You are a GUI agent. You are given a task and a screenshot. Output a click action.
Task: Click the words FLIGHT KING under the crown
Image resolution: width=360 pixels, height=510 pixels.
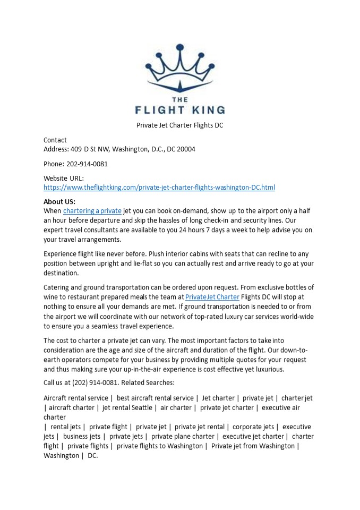(179, 110)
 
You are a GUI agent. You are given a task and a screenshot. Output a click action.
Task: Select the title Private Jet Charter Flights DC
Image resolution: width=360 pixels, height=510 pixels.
(179, 125)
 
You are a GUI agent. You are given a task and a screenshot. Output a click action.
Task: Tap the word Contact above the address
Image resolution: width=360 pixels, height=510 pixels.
(55, 140)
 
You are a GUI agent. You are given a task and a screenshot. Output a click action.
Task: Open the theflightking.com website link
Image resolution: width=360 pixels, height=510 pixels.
(159, 188)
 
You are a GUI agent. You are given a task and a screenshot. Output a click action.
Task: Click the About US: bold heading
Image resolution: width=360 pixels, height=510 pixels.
(59, 201)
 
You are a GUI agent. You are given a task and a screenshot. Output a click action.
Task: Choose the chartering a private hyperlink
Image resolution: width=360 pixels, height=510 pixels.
(92, 211)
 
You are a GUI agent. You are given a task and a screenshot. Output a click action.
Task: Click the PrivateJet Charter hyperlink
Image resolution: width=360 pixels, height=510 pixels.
(212, 297)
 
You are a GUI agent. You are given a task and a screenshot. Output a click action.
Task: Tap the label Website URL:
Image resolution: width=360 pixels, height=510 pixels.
(64, 178)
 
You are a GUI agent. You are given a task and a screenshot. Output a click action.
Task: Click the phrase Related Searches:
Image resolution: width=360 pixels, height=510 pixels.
(148, 382)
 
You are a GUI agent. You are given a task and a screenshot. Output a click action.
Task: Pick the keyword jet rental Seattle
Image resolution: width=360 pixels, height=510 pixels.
(126, 407)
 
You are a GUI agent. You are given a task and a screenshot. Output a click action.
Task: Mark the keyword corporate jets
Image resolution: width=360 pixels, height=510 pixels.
(253, 427)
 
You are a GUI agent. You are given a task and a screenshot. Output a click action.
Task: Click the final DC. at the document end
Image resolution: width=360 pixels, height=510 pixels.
(93, 455)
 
